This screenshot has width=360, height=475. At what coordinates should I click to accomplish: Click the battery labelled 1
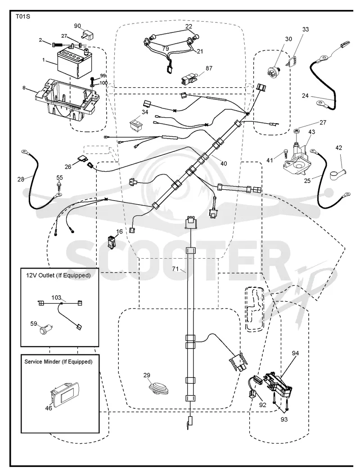[74, 63]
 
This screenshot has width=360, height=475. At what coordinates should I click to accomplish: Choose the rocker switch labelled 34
[136, 124]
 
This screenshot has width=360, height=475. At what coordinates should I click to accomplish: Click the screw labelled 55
[59, 185]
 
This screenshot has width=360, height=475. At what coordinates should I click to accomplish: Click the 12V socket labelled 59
[46, 329]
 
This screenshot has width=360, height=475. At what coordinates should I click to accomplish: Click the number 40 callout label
[224, 164]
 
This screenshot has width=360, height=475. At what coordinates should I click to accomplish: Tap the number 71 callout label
[175, 269]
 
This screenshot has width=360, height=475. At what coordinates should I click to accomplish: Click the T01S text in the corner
[23, 17]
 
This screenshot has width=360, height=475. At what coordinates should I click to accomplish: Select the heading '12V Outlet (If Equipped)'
[58, 275]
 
